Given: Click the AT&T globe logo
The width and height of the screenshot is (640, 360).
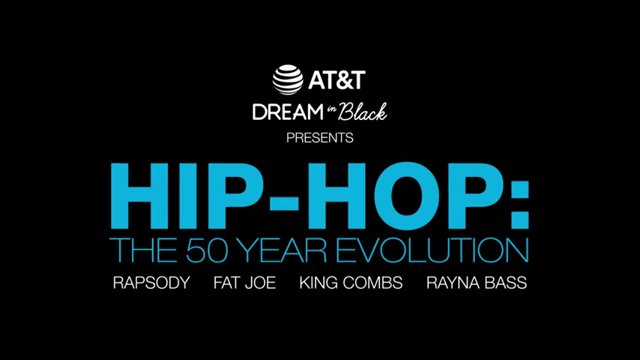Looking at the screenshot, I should click(288, 80).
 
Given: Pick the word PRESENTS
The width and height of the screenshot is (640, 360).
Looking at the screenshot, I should click(320, 138).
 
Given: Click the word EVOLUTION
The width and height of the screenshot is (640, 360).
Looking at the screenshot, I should click(432, 249).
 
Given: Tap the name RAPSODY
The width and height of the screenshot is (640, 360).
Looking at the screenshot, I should click(151, 283).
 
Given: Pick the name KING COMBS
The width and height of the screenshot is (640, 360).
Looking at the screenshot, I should click(351, 283).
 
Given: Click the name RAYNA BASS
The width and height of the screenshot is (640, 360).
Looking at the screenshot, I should click(477, 283).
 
